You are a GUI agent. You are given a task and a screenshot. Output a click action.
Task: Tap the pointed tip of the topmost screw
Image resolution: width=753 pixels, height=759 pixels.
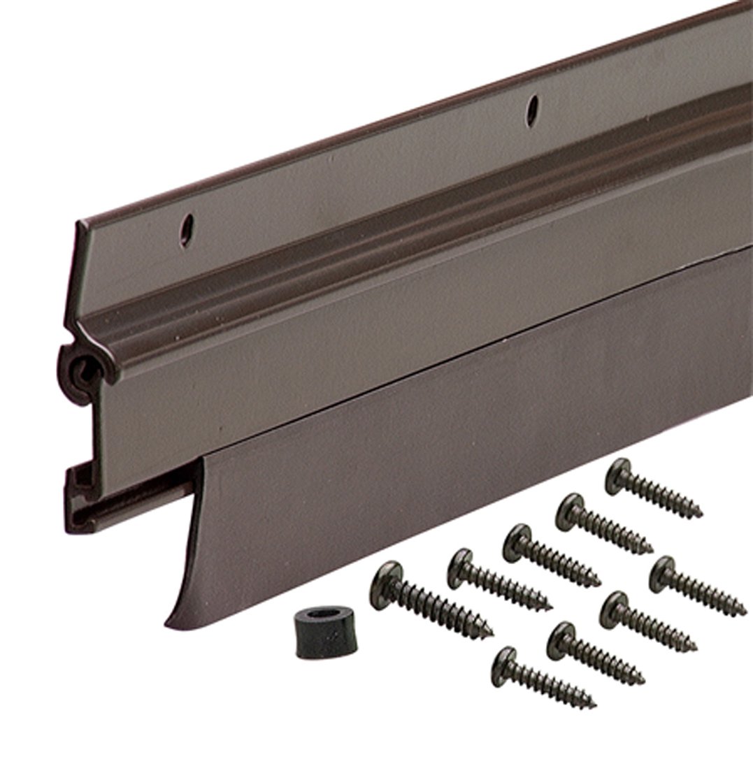[x=701, y=516]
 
